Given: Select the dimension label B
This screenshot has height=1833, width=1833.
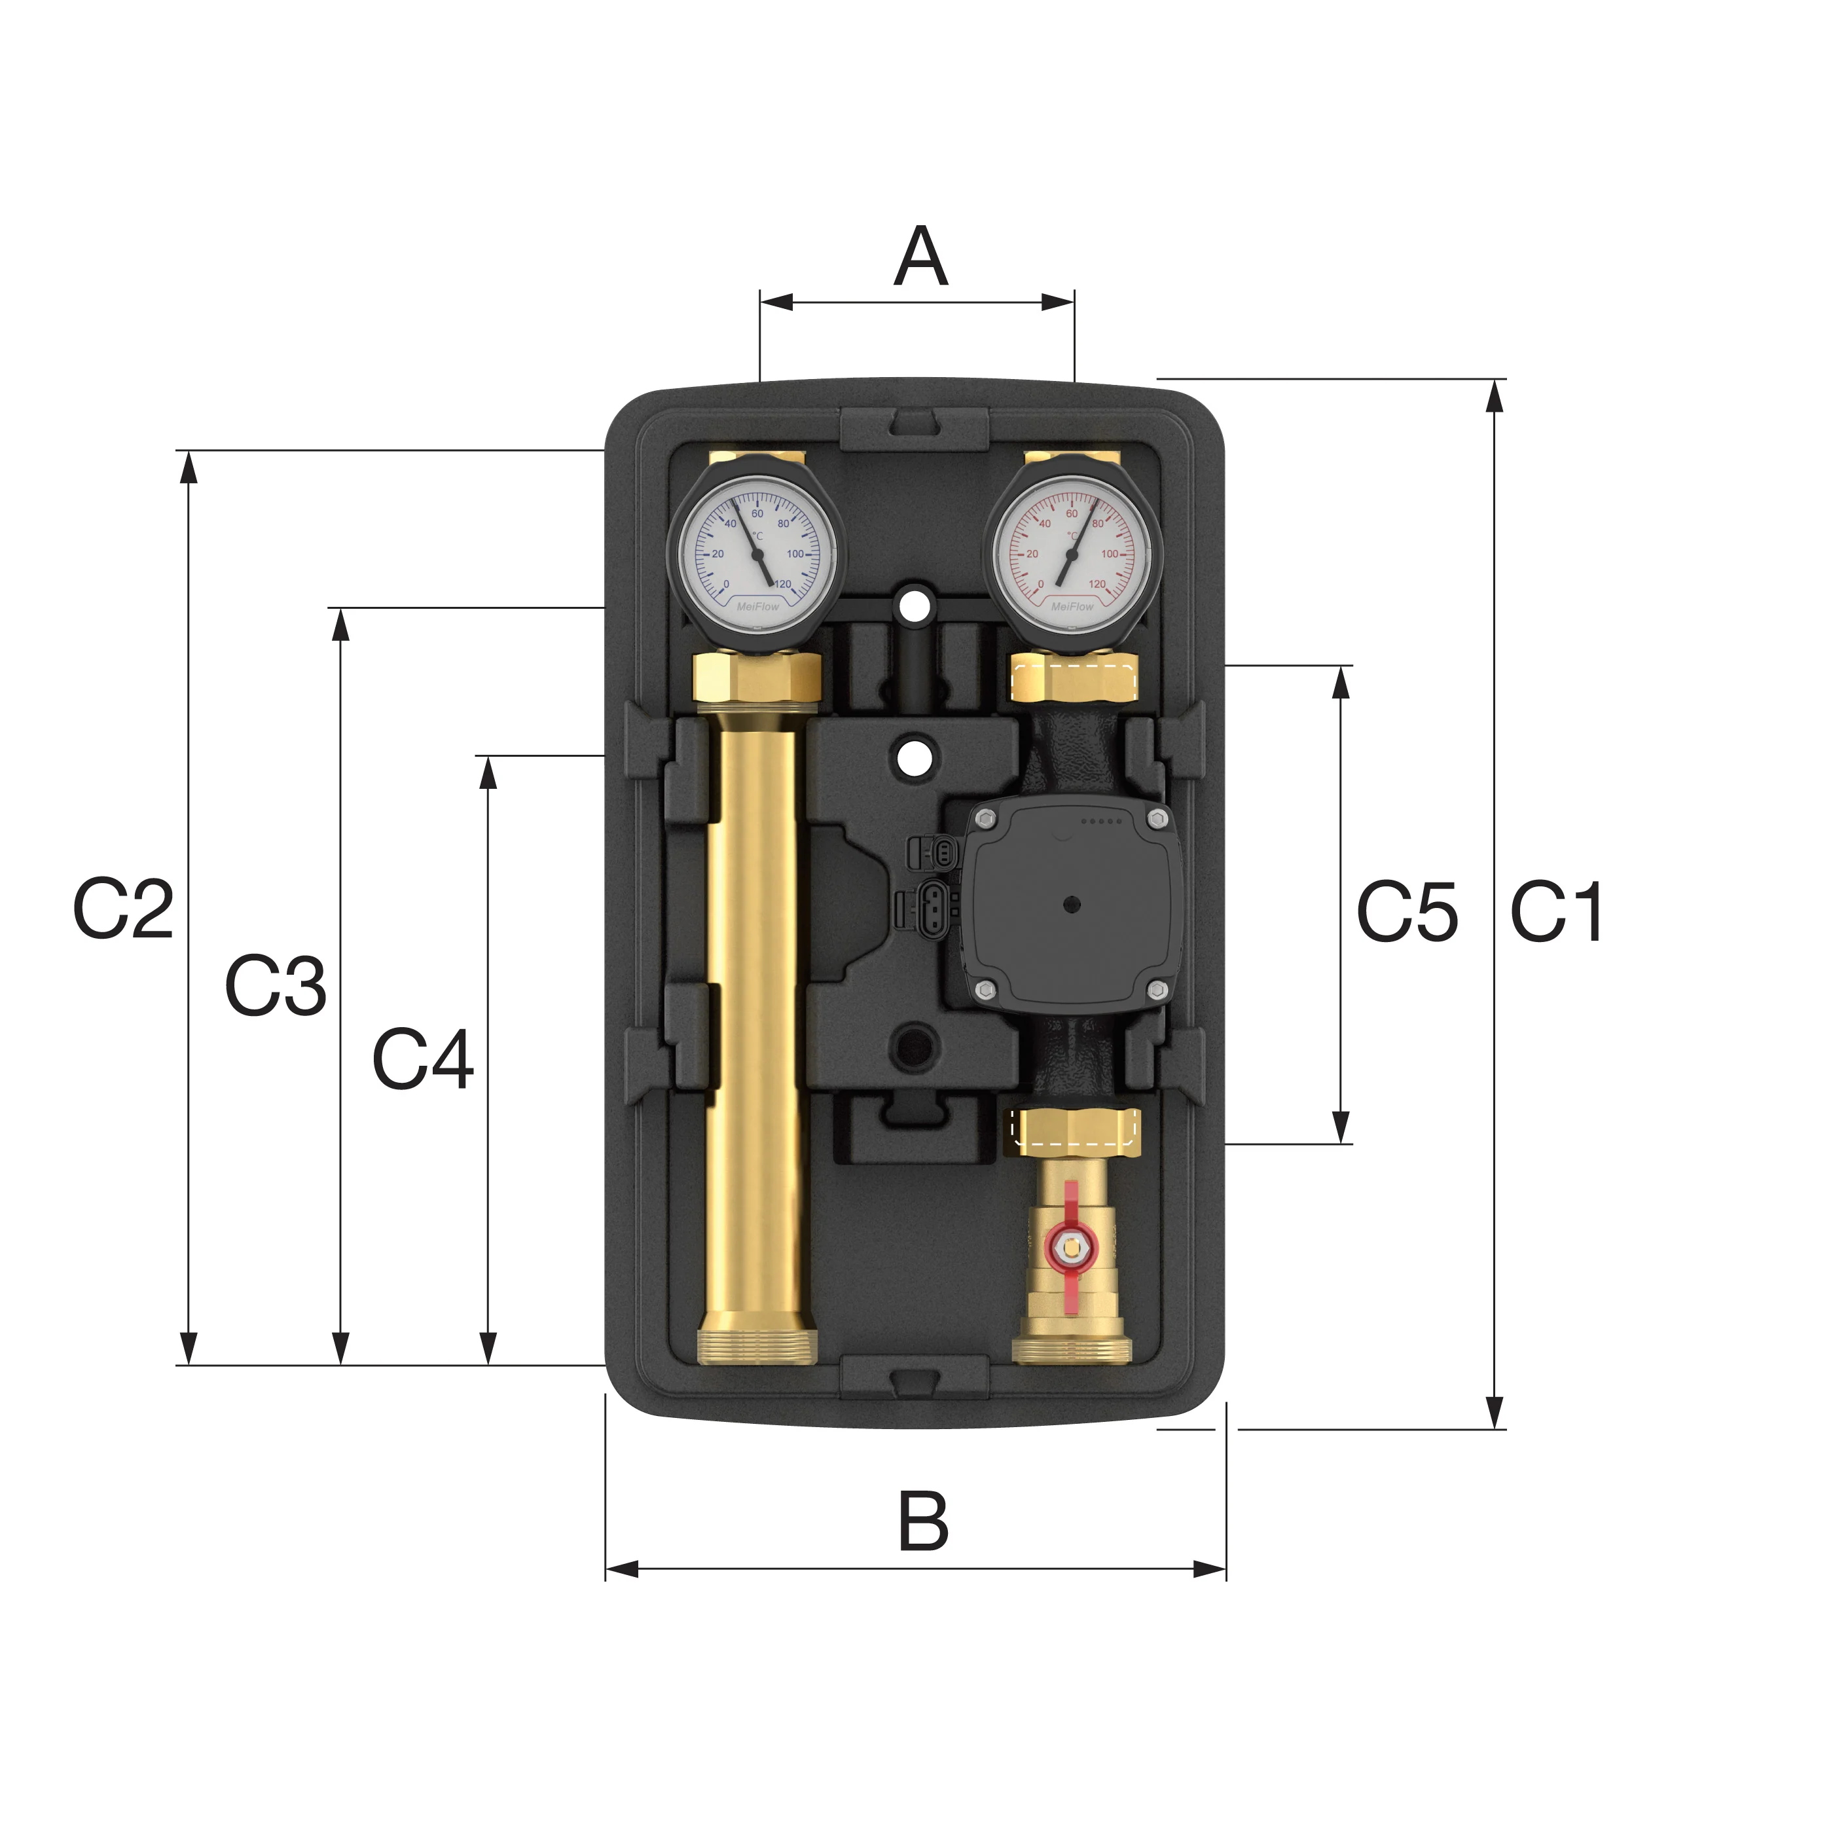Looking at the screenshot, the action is coord(923,1521).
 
